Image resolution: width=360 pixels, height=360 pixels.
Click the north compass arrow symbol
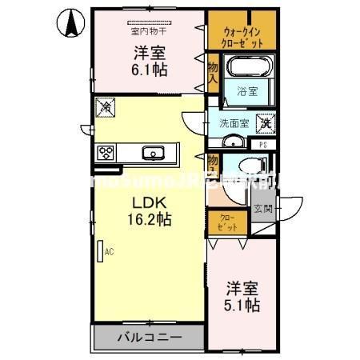point(70,23)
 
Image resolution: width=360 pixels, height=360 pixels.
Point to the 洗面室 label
point(234,124)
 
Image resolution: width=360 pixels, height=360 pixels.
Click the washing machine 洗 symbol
point(263,124)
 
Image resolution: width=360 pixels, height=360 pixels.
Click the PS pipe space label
point(263,145)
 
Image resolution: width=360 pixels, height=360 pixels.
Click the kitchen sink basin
point(151,152)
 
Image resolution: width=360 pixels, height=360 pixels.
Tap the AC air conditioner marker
point(102,250)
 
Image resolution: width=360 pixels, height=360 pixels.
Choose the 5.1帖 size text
point(241,305)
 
